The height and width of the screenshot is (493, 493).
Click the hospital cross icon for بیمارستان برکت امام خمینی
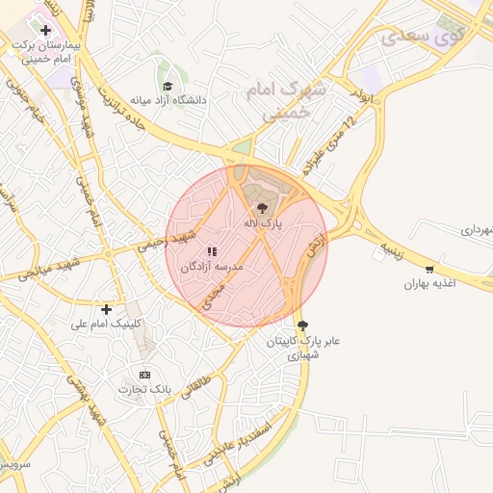45,31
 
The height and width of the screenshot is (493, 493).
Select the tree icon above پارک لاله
260,208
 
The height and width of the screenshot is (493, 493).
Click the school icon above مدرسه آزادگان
213,251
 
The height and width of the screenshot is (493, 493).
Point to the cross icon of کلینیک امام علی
106,309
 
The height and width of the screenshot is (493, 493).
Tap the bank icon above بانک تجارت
144,375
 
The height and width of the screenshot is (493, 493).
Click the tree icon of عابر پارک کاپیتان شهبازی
303,325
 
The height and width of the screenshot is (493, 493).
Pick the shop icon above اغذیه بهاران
428,270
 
